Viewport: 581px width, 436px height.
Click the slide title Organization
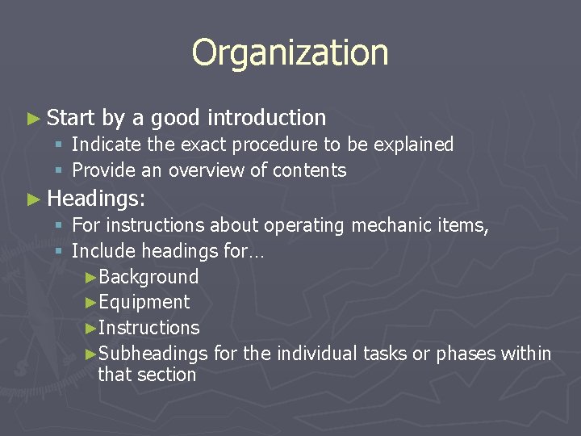point(290,52)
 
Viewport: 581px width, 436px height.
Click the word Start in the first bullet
point(71,118)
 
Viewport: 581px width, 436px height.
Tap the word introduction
point(267,118)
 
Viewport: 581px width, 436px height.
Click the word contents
point(310,170)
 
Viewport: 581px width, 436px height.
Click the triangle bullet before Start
point(33,119)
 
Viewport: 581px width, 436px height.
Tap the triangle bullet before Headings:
point(33,199)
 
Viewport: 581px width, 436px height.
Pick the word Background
point(148,277)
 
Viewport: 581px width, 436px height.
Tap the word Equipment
point(144,303)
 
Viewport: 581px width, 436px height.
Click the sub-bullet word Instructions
point(148,328)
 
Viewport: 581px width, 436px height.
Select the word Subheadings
point(153,354)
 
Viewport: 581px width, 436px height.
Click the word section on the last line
point(166,375)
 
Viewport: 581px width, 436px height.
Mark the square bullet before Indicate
point(59,145)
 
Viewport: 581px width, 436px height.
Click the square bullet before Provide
point(59,171)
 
